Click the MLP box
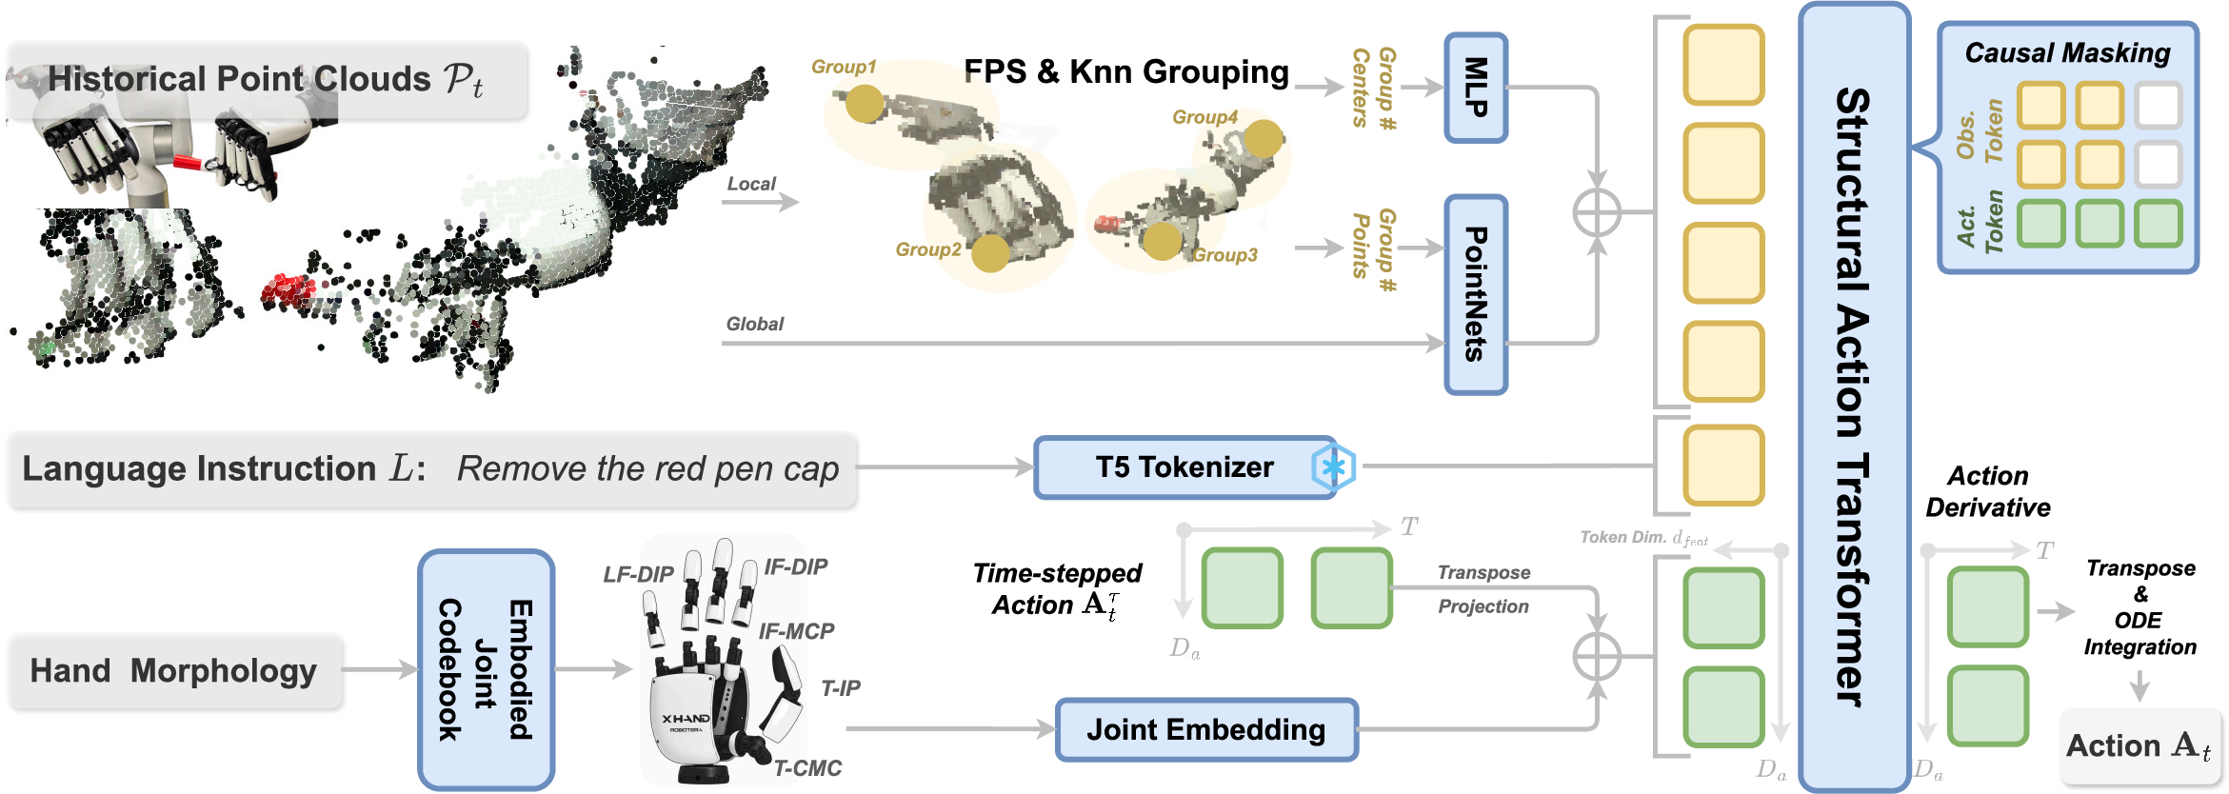(1475, 88)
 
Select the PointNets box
(1475, 294)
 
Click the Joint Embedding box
(1205, 730)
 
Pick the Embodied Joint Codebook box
(486, 669)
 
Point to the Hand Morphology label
(174, 671)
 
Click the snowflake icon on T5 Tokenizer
(1333, 467)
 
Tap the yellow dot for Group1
(865, 104)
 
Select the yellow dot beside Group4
(1264, 139)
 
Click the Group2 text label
(927, 249)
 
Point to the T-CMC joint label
(807, 768)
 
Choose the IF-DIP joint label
(796, 567)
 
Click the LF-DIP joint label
(638, 575)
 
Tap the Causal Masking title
(2067, 53)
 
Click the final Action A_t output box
(2139, 745)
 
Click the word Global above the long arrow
(754, 324)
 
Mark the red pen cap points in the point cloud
(288, 288)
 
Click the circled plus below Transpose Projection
(1597, 656)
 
